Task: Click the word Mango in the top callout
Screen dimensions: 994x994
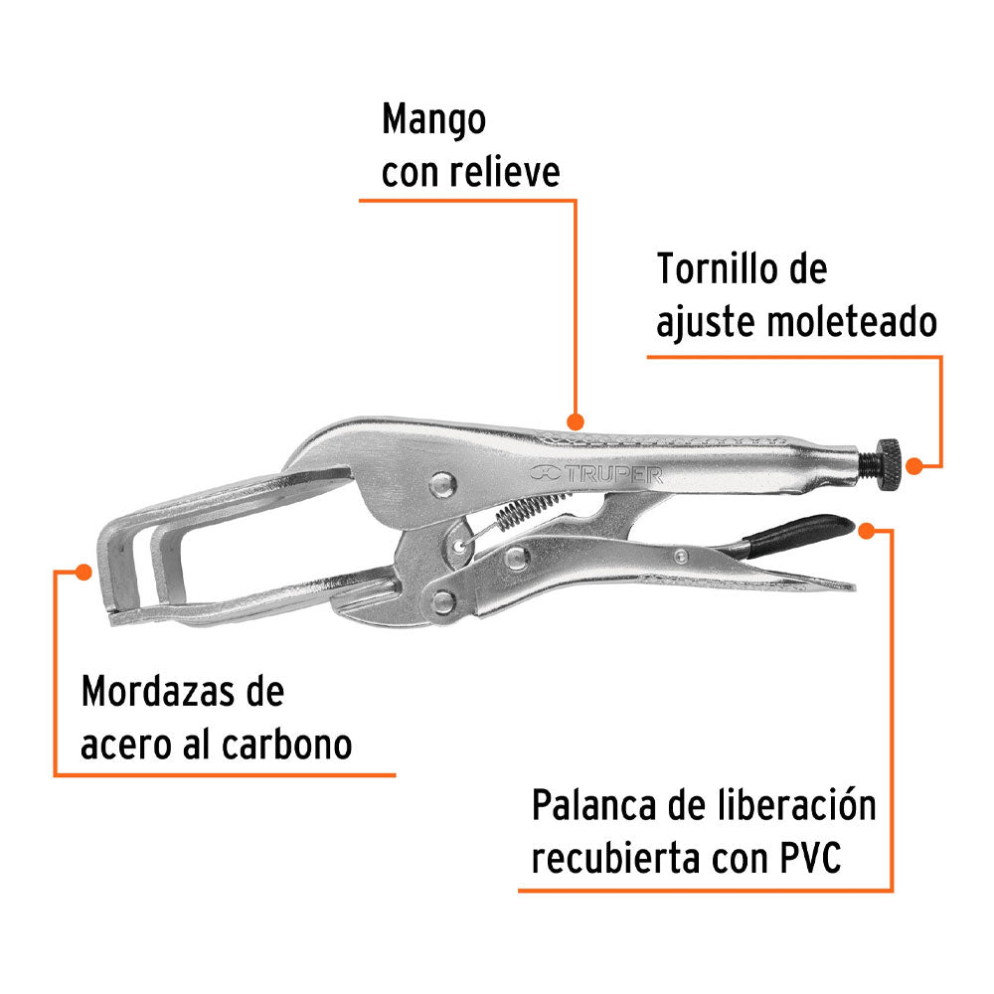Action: point(434,122)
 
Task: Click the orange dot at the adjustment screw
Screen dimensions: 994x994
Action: point(929,461)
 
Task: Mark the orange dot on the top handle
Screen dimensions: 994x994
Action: point(573,418)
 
